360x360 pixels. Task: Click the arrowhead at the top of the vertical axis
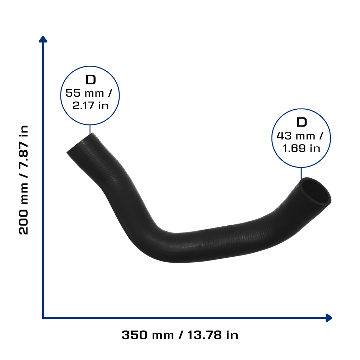43,39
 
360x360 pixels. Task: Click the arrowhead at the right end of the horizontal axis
329,318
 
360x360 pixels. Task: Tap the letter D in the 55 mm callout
90,80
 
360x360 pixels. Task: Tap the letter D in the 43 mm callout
302,122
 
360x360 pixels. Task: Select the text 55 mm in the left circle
85,93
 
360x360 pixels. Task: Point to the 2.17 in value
90,105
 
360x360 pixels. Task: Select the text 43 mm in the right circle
296,136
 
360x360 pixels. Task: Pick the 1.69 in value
301,148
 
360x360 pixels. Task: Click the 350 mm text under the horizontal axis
148,335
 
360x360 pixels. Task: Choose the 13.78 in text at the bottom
213,335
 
